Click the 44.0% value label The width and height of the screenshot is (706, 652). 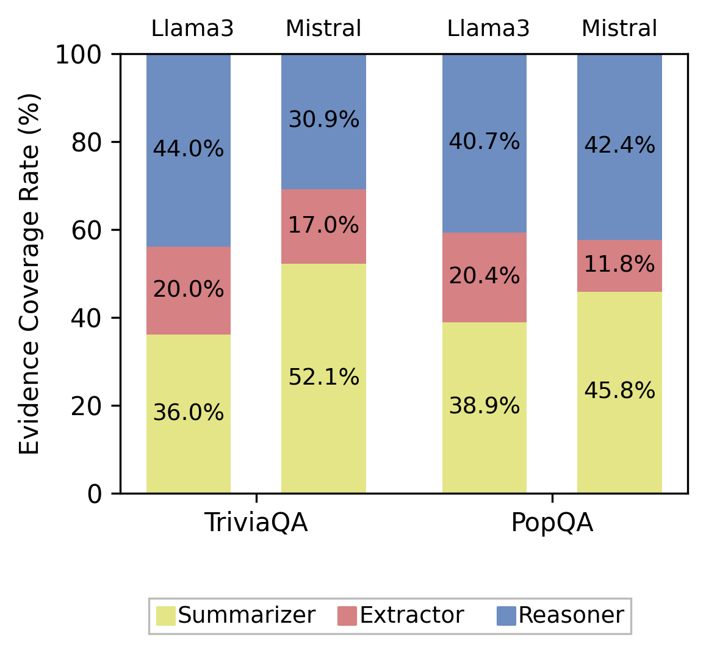point(188,149)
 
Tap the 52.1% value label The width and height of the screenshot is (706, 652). point(323,378)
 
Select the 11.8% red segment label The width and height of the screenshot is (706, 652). point(619,265)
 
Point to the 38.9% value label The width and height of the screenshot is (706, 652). point(484,406)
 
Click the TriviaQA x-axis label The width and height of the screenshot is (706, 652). point(256,524)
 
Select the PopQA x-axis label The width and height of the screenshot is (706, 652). point(552,524)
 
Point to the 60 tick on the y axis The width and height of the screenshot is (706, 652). point(85,230)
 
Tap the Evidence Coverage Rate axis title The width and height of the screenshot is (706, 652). point(29,273)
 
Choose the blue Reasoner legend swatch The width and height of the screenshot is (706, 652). point(506,615)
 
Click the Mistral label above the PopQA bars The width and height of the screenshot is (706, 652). point(619,29)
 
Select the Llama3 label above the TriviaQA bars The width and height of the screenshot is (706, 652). point(192,29)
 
